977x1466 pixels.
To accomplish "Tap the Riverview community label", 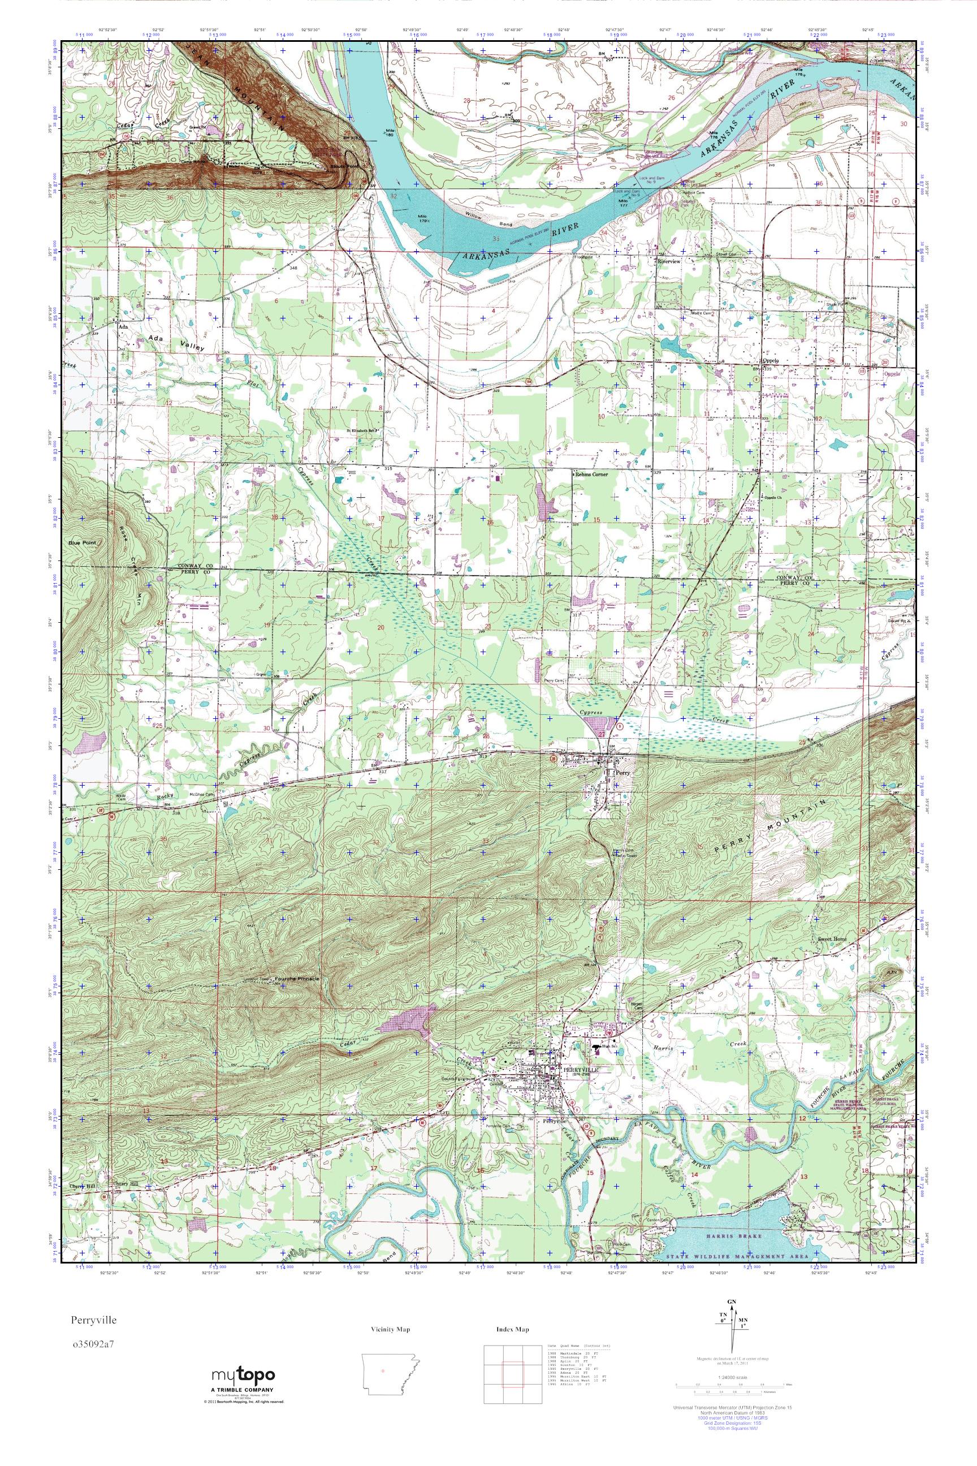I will pyautogui.click(x=671, y=262).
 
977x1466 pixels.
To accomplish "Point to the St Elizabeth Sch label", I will pyautogui.click(x=362, y=430).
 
